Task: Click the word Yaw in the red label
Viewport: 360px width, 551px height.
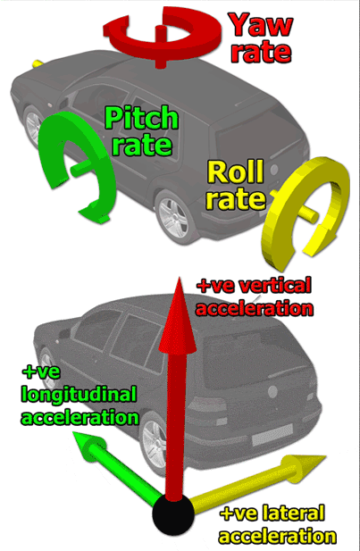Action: tap(261, 25)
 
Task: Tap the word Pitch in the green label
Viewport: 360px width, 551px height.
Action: tap(141, 118)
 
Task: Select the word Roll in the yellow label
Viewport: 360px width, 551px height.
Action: tap(236, 171)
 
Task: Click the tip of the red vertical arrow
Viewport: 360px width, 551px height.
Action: tap(179, 278)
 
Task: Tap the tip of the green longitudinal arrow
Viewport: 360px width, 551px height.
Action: tap(73, 433)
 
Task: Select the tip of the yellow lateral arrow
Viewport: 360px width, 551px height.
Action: tap(325, 457)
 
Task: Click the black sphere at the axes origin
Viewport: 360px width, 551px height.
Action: tap(173, 513)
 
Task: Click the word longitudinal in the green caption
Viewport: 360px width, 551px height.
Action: tap(79, 395)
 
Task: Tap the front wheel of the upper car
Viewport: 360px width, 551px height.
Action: tap(34, 126)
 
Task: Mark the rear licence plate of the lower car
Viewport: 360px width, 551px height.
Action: tap(272, 435)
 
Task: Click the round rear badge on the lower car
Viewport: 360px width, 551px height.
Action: tap(272, 391)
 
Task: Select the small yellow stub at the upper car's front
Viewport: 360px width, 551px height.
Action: tap(38, 63)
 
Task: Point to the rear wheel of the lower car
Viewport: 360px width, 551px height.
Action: tap(154, 444)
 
